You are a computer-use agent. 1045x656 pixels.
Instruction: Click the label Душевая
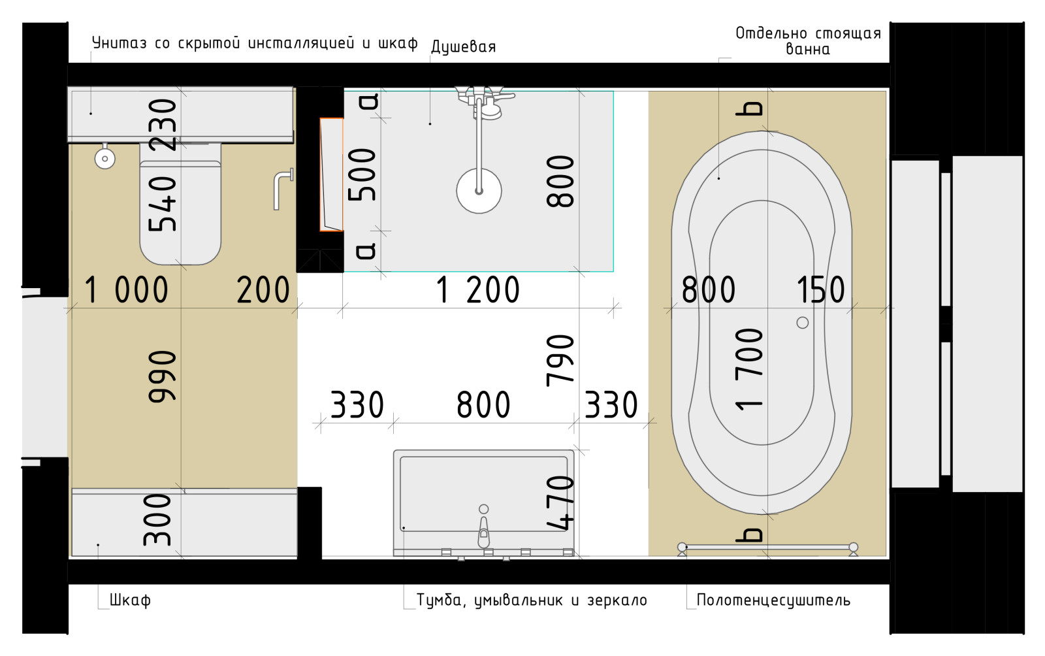click(x=463, y=47)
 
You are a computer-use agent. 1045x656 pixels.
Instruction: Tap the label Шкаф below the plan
click(x=130, y=600)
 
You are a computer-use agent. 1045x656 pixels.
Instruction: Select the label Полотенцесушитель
click(x=773, y=600)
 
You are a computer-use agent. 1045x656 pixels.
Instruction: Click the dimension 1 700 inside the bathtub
click(x=749, y=369)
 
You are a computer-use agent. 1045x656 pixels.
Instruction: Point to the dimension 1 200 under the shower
click(x=477, y=290)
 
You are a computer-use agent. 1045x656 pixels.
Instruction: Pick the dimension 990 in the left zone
click(x=162, y=376)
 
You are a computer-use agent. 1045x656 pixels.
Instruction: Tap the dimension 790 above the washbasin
click(x=560, y=360)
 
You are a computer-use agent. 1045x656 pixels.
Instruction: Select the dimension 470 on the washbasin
click(x=560, y=502)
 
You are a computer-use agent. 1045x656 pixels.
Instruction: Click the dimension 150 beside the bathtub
click(x=820, y=290)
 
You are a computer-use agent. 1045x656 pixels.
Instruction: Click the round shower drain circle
click(x=479, y=191)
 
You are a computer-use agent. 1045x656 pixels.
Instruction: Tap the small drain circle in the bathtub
click(x=803, y=323)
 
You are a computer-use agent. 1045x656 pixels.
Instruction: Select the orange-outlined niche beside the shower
click(x=331, y=174)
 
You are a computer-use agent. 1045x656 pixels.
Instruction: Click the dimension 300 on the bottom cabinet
click(x=158, y=519)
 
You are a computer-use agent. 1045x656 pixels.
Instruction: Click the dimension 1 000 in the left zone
click(x=126, y=290)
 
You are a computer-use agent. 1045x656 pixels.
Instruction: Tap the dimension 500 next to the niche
click(x=362, y=174)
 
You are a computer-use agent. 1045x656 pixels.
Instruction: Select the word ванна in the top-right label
click(x=807, y=50)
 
